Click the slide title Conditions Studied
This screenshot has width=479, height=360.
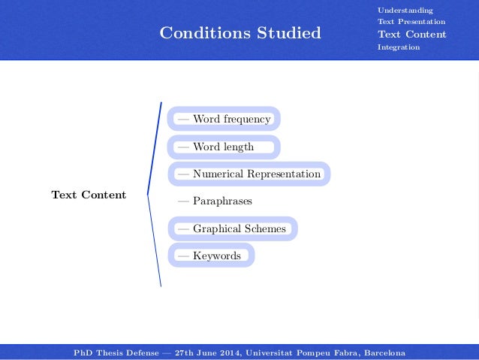240,33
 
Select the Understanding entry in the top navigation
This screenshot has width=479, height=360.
405,10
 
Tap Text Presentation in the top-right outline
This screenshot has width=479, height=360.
411,22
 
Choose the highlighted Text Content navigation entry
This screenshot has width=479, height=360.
411,35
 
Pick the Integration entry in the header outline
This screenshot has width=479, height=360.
399,47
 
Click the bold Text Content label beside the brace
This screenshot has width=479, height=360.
89,195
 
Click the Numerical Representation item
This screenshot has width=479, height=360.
249,174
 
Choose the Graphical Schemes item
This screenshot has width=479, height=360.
232,228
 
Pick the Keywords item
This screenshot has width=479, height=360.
211,256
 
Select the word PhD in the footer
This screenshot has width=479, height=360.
83,352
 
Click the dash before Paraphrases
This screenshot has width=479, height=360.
183,201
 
